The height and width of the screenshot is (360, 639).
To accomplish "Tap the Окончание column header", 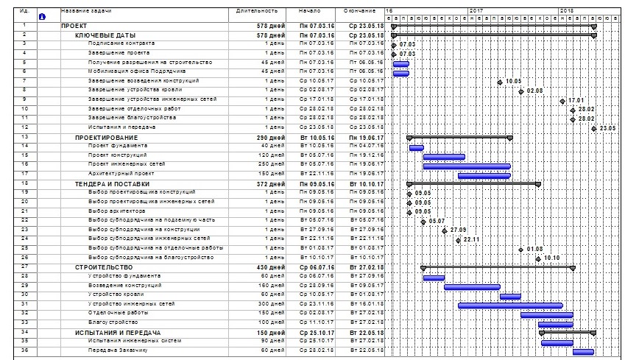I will pos(359,12).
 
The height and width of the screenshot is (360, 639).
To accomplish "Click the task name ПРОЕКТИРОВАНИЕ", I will pos(106,137).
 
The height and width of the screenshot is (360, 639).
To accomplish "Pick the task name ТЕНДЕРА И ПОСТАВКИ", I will pos(112,183).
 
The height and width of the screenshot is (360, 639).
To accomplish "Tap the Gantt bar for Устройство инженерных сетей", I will pos(509,305).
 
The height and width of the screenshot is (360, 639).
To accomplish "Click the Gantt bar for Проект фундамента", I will pos(416,147).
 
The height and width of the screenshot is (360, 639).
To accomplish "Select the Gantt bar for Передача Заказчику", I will pos(582,351).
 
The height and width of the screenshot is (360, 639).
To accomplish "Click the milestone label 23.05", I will pos(608,129).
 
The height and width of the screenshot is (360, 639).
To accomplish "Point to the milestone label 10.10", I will pos(552,258).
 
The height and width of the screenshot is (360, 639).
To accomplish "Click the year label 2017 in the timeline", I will pos(475,11).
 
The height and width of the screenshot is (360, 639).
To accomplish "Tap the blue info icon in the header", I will pos(41,16).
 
